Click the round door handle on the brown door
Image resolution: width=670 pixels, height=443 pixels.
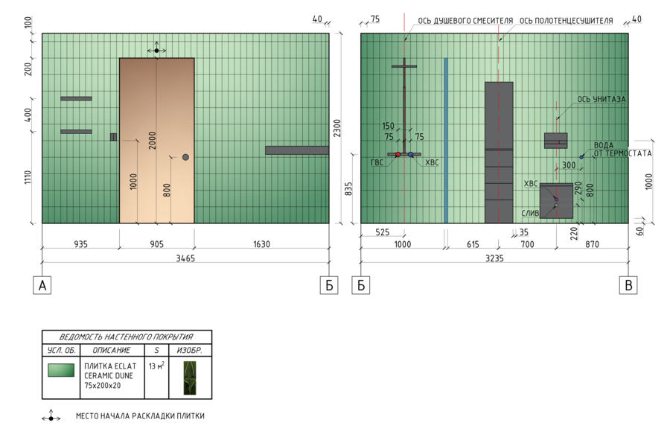[x=185, y=157]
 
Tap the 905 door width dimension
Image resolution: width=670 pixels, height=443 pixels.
[x=156, y=243]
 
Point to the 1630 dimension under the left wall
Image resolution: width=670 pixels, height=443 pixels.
[x=261, y=243]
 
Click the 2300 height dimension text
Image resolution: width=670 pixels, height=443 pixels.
[x=336, y=128]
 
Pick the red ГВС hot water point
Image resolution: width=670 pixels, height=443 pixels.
[x=398, y=154]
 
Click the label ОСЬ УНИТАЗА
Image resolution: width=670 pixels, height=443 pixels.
[x=601, y=99]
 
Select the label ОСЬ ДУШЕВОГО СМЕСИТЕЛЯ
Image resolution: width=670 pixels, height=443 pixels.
[x=465, y=21]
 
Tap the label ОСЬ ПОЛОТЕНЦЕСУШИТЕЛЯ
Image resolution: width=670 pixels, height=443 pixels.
[x=566, y=21]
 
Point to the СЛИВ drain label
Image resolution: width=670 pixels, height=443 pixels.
[x=530, y=213]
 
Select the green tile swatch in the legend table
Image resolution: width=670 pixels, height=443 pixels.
[x=60, y=370]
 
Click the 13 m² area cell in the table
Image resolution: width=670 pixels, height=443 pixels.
[x=156, y=366]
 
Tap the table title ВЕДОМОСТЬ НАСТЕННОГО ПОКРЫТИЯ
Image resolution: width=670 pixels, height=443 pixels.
[x=126, y=337]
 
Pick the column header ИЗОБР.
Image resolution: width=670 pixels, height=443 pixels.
[x=189, y=350]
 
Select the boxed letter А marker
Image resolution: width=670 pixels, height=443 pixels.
[x=43, y=285]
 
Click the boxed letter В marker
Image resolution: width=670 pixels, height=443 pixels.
[x=629, y=285]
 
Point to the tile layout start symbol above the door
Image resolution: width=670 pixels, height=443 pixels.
[x=156, y=51]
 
